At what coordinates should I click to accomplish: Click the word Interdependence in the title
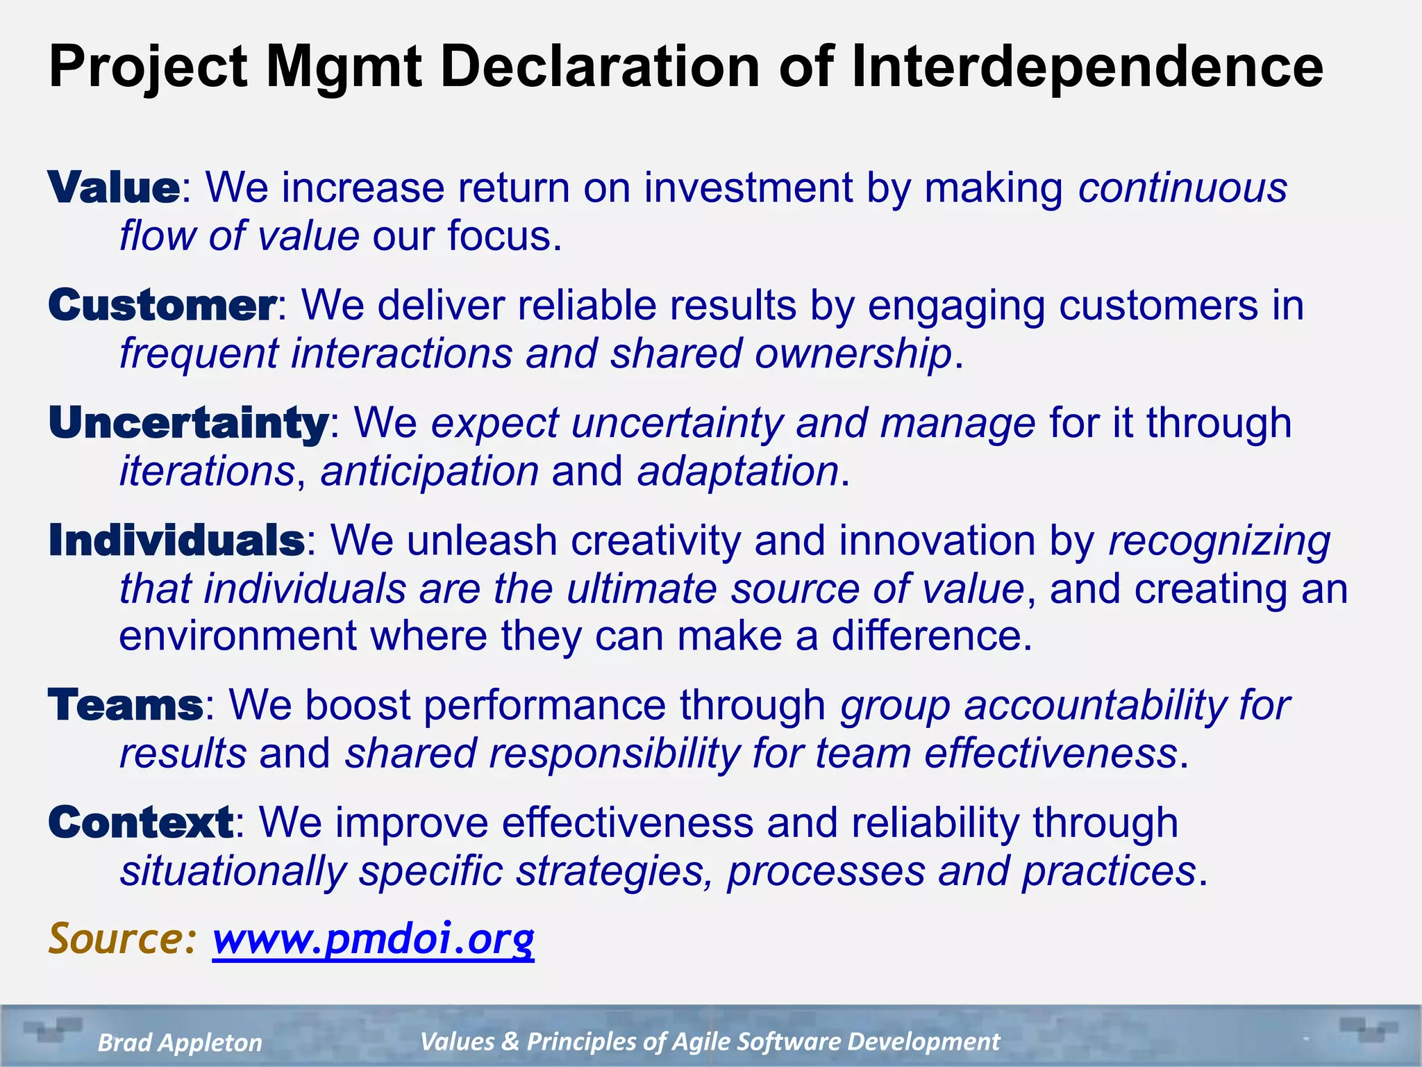(x=1087, y=67)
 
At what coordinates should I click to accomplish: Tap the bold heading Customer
(x=162, y=306)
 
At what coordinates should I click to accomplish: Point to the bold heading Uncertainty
(x=188, y=423)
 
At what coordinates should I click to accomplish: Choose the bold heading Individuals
(x=176, y=540)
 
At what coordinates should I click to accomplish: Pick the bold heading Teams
(x=126, y=705)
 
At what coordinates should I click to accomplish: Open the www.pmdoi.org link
(x=374, y=938)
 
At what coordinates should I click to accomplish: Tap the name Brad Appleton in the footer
(x=180, y=1042)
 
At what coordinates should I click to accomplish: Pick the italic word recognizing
(x=1219, y=540)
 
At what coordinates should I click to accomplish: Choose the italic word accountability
(x=1095, y=705)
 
